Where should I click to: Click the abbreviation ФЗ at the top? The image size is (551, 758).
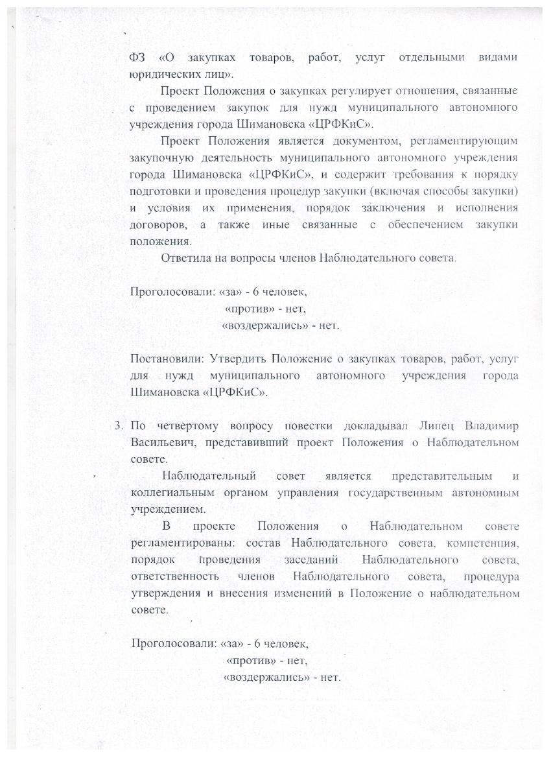pos(139,58)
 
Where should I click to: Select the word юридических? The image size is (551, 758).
pos(162,74)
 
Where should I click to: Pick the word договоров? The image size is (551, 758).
pos(159,225)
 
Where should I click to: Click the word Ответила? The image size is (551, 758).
pos(185,258)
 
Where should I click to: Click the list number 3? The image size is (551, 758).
pos(117,426)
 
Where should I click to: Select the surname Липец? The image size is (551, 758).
pos(438,426)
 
